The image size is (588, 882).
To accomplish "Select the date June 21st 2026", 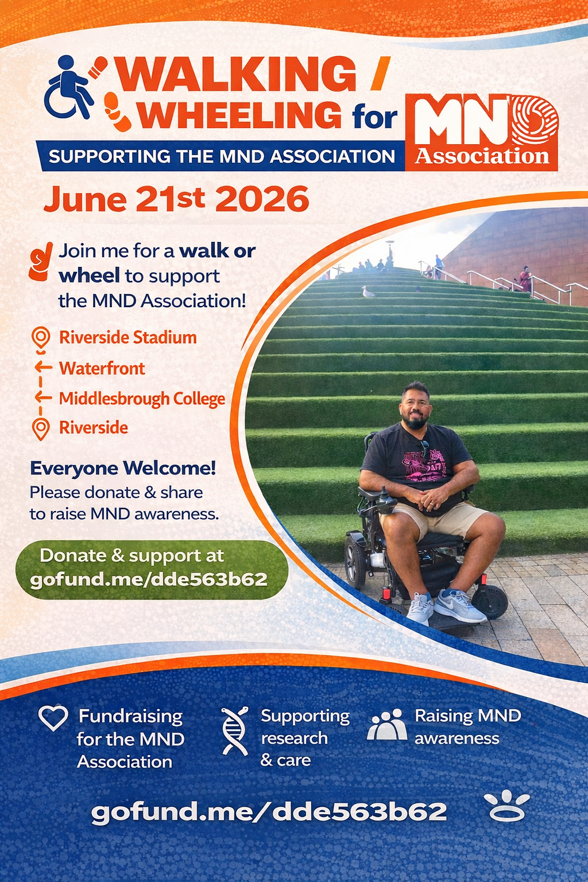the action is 176,199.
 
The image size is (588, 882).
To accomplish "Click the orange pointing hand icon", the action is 41,261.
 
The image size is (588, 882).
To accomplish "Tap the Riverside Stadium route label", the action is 127,338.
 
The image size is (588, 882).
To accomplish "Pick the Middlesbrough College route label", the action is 142,399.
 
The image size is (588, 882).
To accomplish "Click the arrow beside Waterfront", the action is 43,367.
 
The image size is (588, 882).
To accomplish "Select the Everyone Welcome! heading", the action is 123,469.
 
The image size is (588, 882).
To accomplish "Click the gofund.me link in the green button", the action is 149,579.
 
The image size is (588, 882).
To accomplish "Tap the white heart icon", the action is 53,717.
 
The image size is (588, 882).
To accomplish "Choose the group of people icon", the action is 387,724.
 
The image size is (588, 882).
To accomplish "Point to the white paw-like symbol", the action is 507,807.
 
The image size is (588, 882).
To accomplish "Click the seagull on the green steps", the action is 368,292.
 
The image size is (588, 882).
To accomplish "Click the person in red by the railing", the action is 525,279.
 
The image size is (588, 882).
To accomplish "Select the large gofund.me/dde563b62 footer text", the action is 269,811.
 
